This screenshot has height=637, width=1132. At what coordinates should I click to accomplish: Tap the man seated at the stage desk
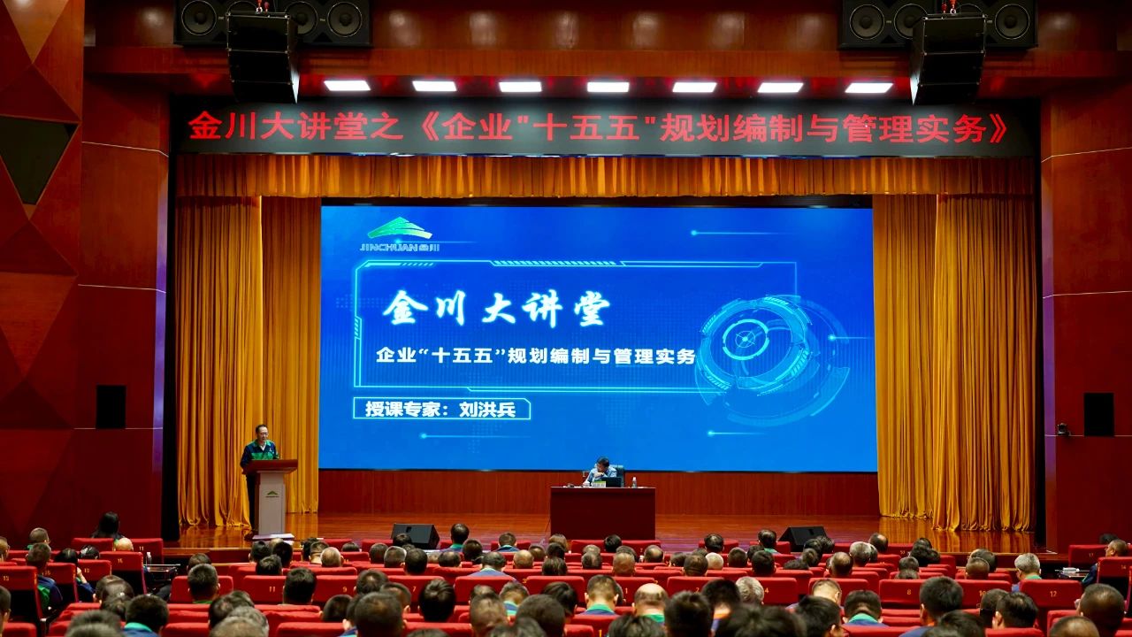pyautogui.click(x=602, y=472)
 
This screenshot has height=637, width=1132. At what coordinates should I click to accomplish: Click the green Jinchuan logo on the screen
pyautogui.click(x=400, y=234)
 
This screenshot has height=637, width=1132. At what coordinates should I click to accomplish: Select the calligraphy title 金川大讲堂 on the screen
pyautogui.click(x=496, y=309)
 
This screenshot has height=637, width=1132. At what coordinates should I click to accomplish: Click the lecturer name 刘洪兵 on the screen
pyautogui.click(x=487, y=409)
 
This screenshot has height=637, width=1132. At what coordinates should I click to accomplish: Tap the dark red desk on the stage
pyautogui.click(x=603, y=512)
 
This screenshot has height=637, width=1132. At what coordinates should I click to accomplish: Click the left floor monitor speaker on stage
pyautogui.click(x=415, y=536)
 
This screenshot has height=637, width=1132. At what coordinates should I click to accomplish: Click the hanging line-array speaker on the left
pyautogui.click(x=262, y=57)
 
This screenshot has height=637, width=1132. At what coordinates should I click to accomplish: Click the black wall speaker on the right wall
pyautogui.click(x=1098, y=414)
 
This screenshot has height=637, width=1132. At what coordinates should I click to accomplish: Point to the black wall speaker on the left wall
pyautogui.click(x=111, y=407)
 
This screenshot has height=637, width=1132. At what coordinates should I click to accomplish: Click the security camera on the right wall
pyautogui.click(x=1063, y=429)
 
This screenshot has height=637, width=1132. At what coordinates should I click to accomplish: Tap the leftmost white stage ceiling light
pyautogui.click(x=348, y=86)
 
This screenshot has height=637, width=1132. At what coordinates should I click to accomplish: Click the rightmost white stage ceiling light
pyautogui.click(x=868, y=88)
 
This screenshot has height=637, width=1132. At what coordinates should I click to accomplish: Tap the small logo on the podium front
pyautogui.click(x=272, y=494)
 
